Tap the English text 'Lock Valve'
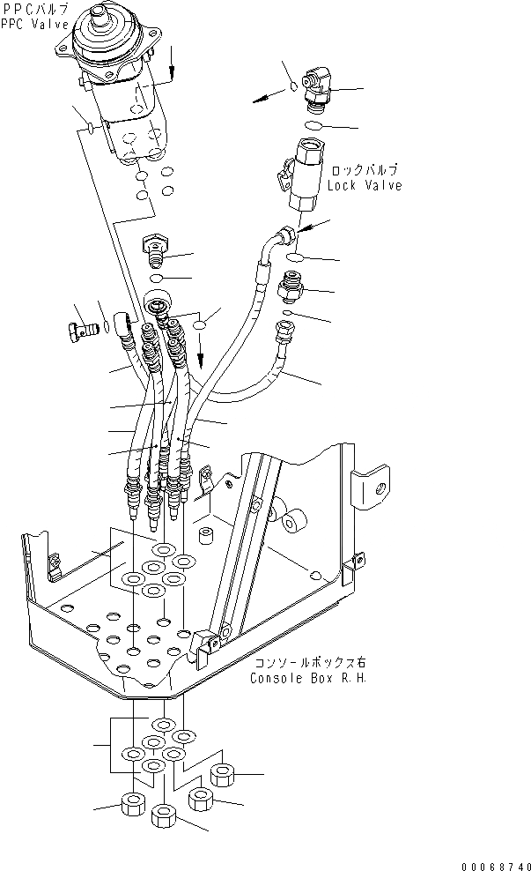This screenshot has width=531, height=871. pos(364,186)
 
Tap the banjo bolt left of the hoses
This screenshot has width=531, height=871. pos(80,331)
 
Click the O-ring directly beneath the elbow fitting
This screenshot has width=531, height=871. pos(313,127)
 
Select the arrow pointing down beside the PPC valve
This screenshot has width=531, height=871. pos(173,59)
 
